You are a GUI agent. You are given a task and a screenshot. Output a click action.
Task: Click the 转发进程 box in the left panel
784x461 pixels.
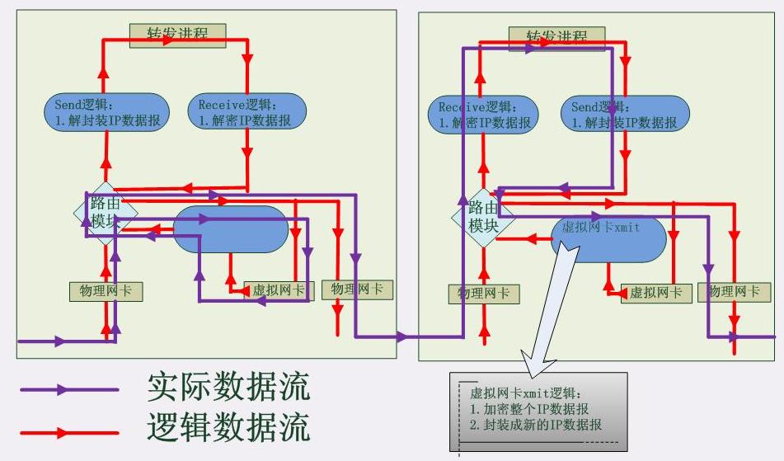click(x=177, y=35)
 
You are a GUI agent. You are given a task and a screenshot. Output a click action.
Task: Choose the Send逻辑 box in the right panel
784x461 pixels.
click(x=626, y=115)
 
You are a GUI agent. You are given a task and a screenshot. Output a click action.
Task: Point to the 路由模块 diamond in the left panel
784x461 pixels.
click(x=105, y=213)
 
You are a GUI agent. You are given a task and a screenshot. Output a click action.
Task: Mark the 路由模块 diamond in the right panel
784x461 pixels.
click(x=482, y=217)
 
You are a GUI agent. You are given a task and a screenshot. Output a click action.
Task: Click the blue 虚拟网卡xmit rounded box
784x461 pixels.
click(x=608, y=238)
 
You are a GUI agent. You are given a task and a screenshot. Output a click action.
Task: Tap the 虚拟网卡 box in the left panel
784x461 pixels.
click(x=279, y=290)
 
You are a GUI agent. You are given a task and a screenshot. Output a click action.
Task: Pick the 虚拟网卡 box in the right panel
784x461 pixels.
click(x=655, y=293)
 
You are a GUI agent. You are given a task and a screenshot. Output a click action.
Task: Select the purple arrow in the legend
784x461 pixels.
click(x=69, y=390)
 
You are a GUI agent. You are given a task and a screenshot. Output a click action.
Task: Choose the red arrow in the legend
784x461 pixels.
click(x=69, y=431)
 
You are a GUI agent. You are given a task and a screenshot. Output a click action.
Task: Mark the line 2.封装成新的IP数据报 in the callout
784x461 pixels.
click(x=536, y=426)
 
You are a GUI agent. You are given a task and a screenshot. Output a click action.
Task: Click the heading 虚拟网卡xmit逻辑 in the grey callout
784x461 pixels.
click(x=526, y=393)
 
